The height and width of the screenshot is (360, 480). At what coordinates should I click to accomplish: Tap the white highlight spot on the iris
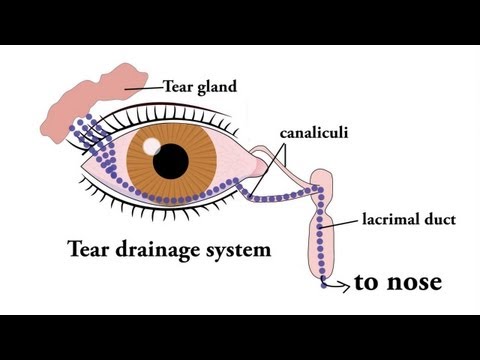[151, 146]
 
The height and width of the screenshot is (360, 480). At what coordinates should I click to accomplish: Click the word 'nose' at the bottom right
[416, 284]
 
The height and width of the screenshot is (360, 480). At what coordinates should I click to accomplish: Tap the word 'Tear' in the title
[87, 248]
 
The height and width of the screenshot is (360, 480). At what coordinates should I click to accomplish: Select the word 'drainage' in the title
[156, 249]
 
